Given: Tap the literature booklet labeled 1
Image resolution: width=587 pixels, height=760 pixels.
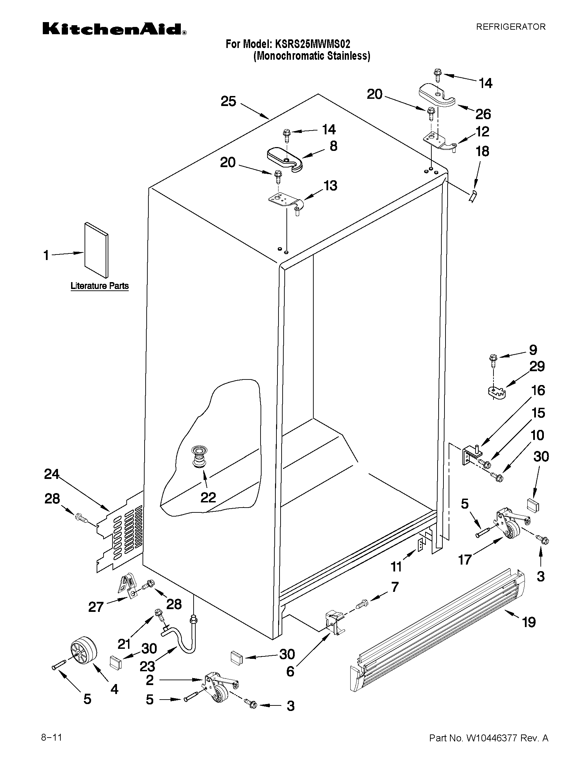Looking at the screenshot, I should pos(96,251).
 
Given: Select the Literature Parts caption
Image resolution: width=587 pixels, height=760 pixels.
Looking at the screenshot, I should pos(99,286).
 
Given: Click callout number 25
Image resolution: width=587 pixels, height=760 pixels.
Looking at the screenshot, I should pos(228,101).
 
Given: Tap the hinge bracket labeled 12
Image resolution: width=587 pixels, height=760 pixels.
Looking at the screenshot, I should pos(439,142).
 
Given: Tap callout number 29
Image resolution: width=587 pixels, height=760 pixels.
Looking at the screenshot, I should pos(537,366).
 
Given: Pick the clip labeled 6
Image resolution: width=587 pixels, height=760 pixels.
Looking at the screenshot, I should pos(334,625).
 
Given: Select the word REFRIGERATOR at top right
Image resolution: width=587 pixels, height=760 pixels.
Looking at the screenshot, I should pos(510,27).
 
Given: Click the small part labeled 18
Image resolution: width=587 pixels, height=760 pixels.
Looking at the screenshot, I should pos(473,196).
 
